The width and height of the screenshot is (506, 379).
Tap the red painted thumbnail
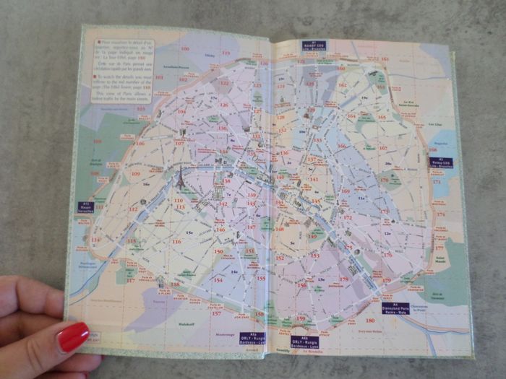point(73,337)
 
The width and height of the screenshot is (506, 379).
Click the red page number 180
point(369,321)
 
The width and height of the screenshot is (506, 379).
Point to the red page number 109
point(135,173)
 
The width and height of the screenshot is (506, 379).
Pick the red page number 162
point(342,85)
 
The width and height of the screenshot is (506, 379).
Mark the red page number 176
point(387,254)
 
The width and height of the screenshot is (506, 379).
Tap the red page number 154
point(218,280)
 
